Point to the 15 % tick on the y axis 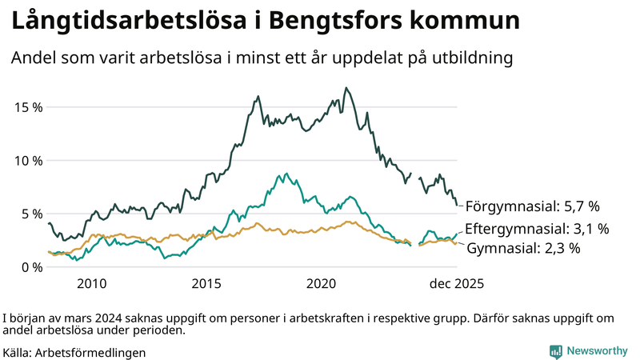(x=28, y=107)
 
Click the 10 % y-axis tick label (x=28, y=160)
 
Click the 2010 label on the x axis (x=91, y=284)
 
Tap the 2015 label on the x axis (x=206, y=284)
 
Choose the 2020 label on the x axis (x=322, y=284)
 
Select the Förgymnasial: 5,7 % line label (x=532, y=206)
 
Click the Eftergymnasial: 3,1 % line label (x=537, y=229)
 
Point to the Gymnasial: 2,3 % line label (x=522, y=249)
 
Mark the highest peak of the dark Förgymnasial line (x=346, y=88)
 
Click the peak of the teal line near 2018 (x=286, y=173)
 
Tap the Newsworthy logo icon (x=555, y=351)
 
